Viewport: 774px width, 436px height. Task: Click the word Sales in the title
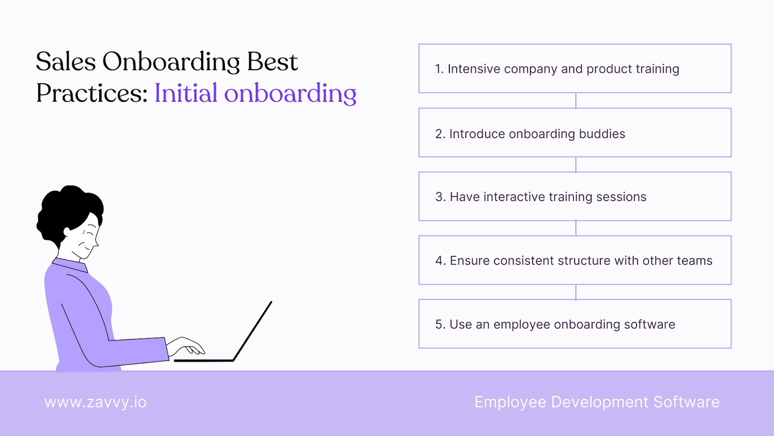[x=66, y=62]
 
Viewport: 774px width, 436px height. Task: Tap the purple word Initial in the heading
[x=186, y=93]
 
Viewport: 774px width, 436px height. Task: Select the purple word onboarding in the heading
[x=290, y=94]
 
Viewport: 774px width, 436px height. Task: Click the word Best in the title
[x=272, y=62]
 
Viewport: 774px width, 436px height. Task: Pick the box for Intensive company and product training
[x=575, y=68]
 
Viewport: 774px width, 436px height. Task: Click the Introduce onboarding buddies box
[x=575, y=133]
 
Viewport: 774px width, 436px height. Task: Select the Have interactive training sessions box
[x=575, y=196]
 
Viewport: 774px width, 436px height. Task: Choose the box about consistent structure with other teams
[x=575, y=260]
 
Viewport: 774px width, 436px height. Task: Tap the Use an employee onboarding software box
[x=575, y=324]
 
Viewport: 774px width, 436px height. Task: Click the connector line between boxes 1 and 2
[x=576, y=101]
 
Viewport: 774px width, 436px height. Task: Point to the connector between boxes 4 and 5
[x=576, y=292]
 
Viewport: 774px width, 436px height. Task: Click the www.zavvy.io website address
[x=95, y=402]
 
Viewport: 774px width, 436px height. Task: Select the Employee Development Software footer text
[x=597, y=402]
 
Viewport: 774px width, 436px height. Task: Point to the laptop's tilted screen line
[x=253, y=331]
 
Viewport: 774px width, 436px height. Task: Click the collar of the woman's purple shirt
[x=71, y=265]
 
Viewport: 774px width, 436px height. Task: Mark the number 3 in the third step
[x=439, y=197]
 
